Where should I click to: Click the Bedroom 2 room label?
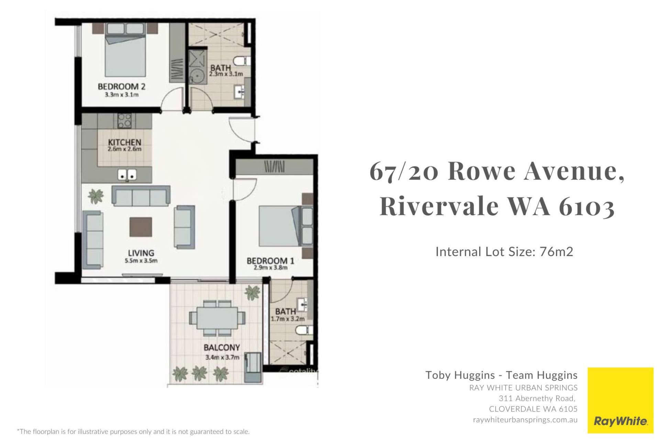coord(122,86)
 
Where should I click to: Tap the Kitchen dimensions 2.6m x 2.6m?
coord(124,149)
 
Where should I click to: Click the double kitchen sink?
coord(127,175)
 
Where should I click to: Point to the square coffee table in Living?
coord(141,227)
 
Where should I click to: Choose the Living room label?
coord(141,253)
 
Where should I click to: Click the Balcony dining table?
coord(218,318)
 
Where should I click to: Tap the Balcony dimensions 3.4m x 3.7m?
coord(222,357)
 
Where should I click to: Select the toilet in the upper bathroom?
coord(242,61)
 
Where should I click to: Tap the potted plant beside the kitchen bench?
coord(96,196)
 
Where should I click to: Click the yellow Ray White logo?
coord(620,400)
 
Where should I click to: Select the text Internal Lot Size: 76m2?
coord(504,252)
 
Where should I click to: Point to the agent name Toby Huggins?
coord(460,375)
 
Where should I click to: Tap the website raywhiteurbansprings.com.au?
coord(525,420)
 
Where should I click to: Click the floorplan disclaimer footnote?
coord(133,431)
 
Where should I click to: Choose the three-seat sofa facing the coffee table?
coord(141,196)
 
